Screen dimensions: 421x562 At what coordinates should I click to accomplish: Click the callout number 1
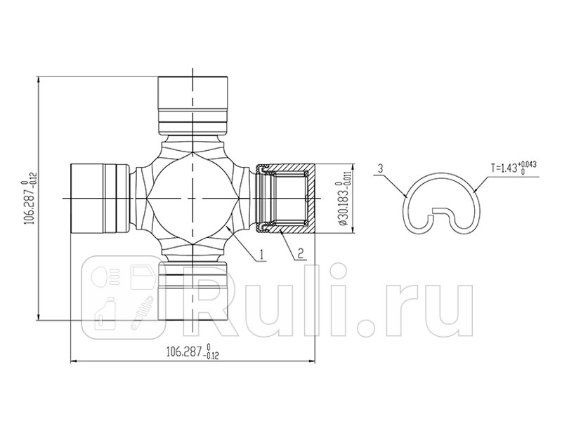[x=261, y=253]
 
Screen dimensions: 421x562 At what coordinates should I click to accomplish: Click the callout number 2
[x=300, y=254]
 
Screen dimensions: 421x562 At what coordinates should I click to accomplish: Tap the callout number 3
[x=379, y=168]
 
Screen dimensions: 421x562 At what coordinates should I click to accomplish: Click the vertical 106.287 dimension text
[x=29, y=198]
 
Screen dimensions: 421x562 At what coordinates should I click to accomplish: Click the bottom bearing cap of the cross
[x=192, y=291]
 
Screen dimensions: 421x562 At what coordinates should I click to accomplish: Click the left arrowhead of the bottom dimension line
[x=74, y=361]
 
